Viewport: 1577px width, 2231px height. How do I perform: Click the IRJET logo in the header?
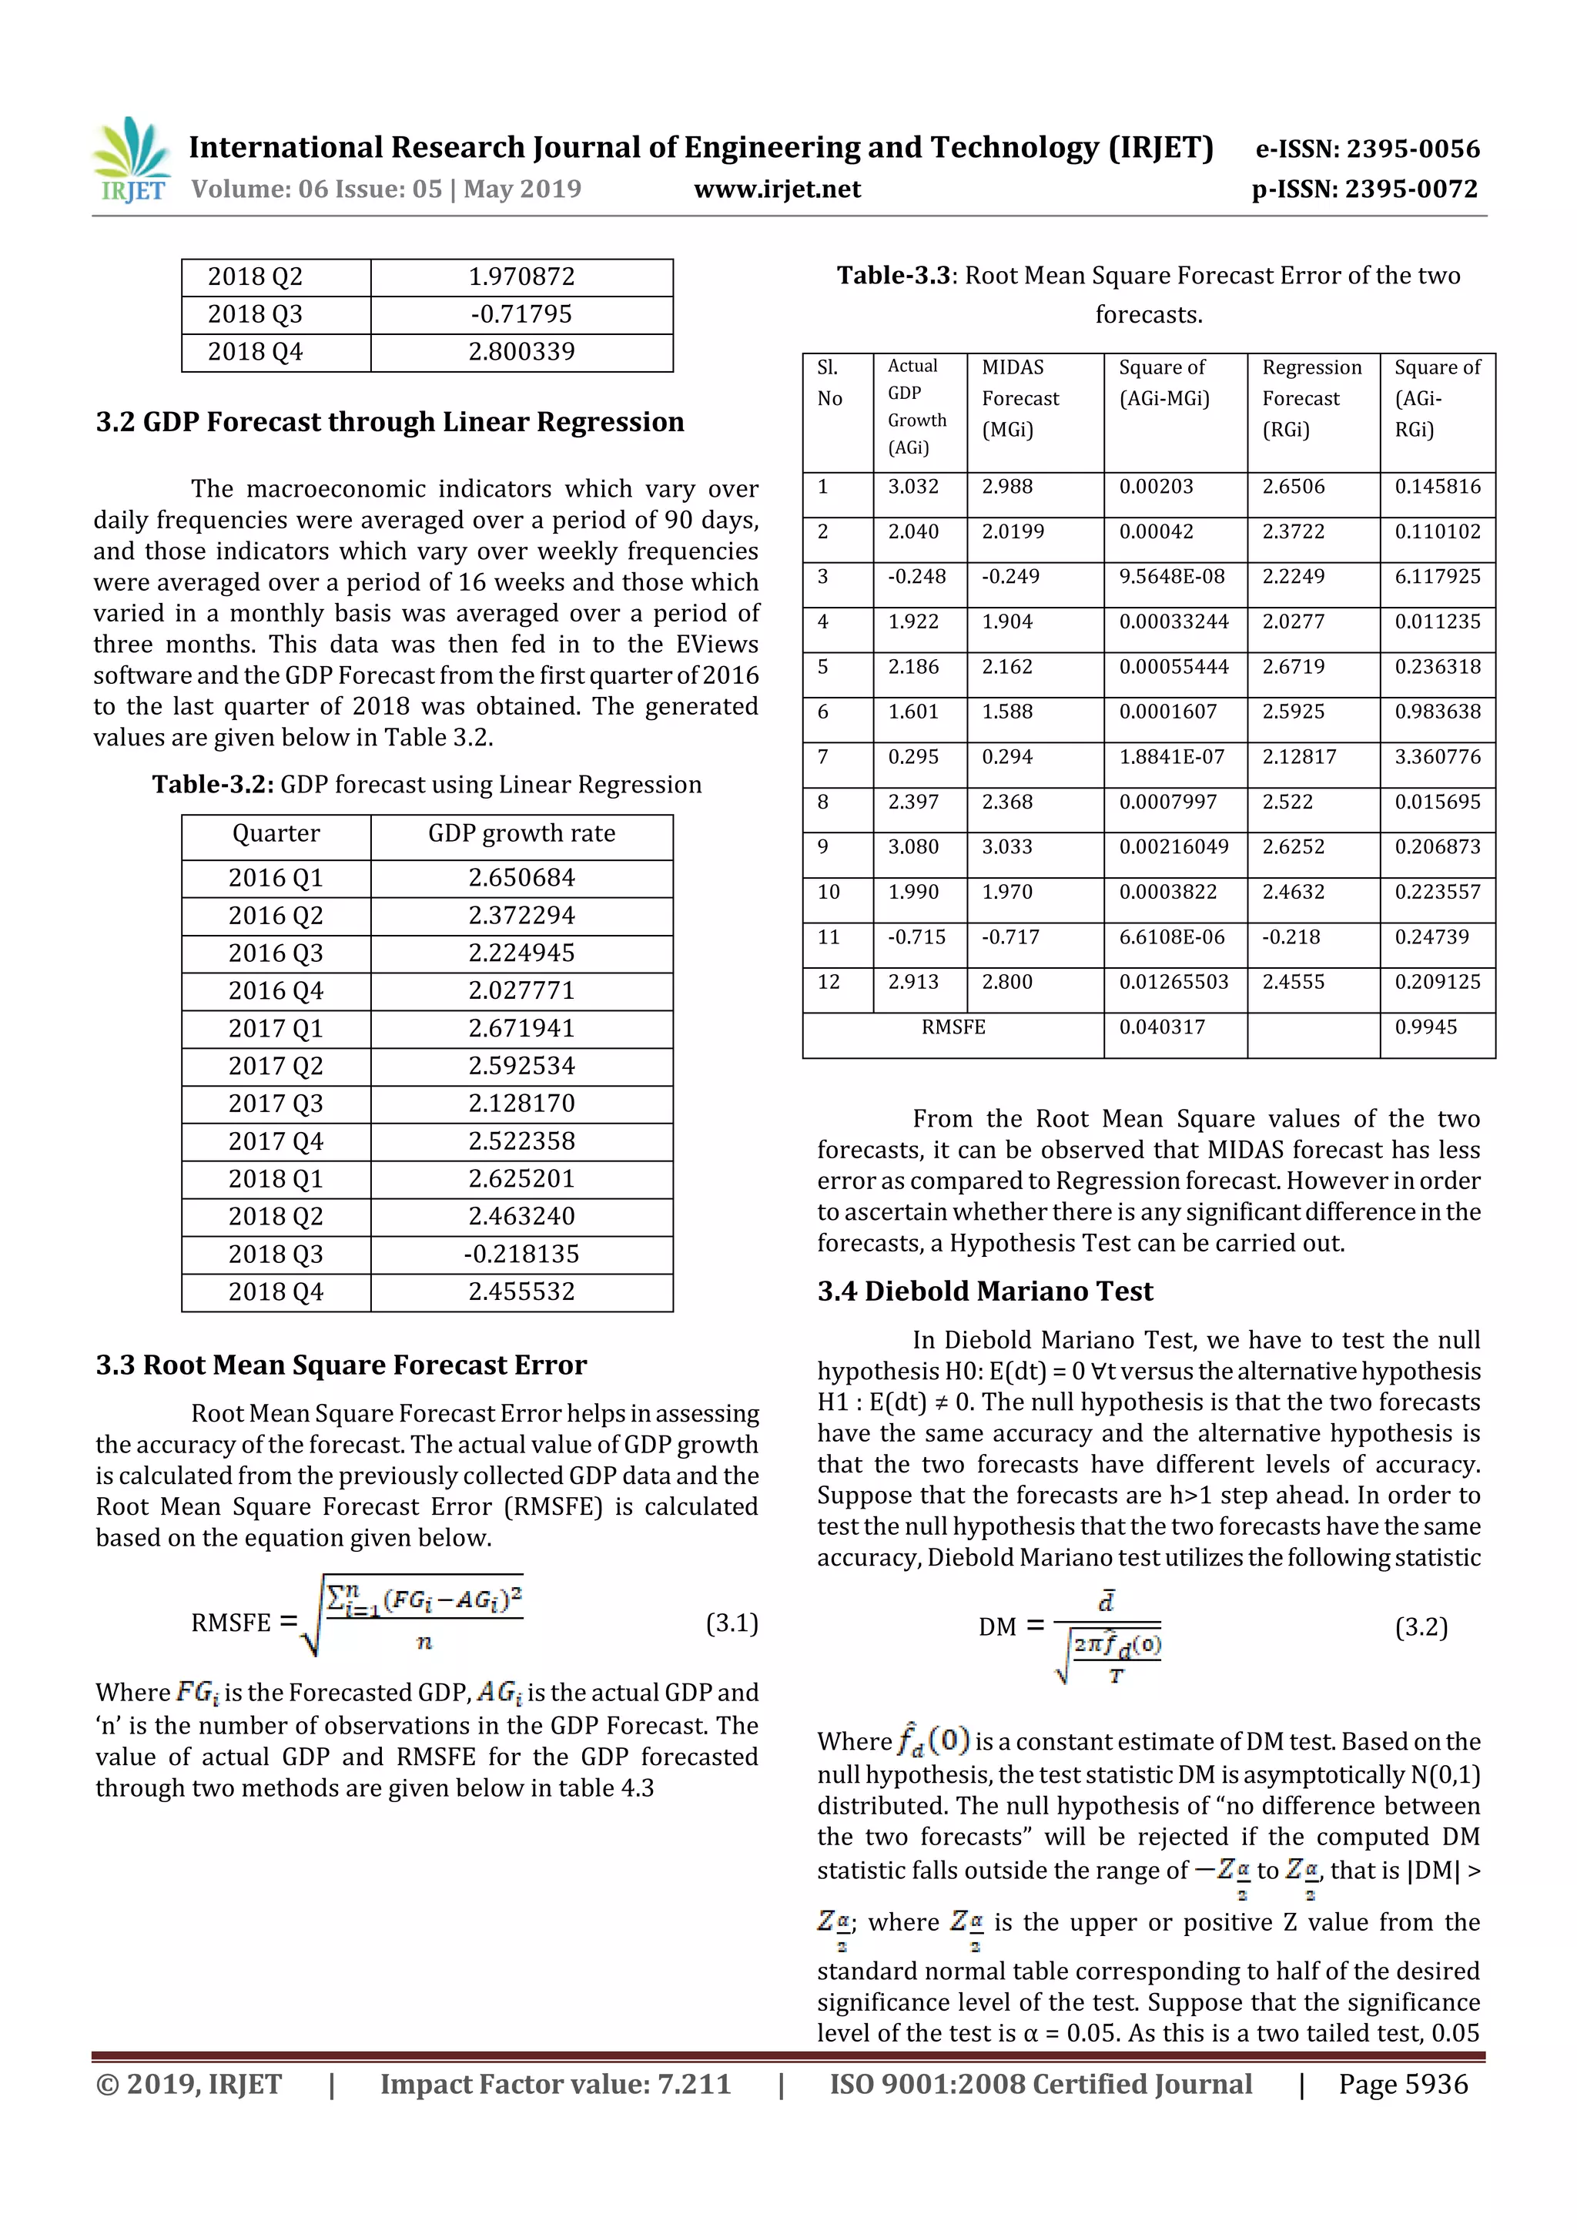(x=130, y=160)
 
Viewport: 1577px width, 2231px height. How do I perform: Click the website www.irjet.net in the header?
(x=776, y=189)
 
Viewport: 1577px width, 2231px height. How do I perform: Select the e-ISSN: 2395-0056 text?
(x=1367, y=149)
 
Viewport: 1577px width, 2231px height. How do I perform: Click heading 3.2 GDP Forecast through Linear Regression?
(x=390, y=422)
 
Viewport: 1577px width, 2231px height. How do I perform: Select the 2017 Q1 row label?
(x=275, y=1028)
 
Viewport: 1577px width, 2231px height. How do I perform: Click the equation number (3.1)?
(x=731, y=1623)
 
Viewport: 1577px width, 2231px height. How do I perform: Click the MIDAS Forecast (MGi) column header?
(x=1020, y=398)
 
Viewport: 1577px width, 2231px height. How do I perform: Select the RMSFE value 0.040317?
(x=1161, y=1027)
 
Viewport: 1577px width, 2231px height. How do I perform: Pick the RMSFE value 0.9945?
(x=1425, y=1027)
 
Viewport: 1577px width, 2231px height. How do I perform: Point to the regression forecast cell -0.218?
(x=1291, y=938)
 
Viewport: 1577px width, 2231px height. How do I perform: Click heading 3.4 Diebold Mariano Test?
(x=984, y=1291)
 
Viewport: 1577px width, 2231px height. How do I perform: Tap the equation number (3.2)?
(x=1421, y=1626)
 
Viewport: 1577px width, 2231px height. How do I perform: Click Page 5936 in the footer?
(x=1402, y=2084)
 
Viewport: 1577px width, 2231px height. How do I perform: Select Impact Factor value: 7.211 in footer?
(x=555, y=2084)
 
